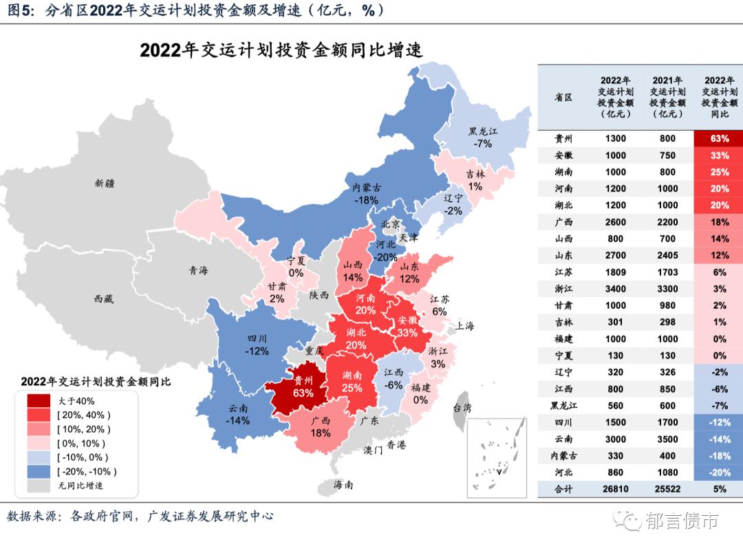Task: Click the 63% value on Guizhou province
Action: pos(303,393)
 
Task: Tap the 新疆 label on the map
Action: pos(105,183)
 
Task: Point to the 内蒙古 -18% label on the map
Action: pos(366,193)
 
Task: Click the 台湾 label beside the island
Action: pos(462,408)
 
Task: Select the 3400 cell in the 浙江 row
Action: pos(615,289)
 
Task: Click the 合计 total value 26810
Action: pos(615,489)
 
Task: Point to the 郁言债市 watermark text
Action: pos(682,521)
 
